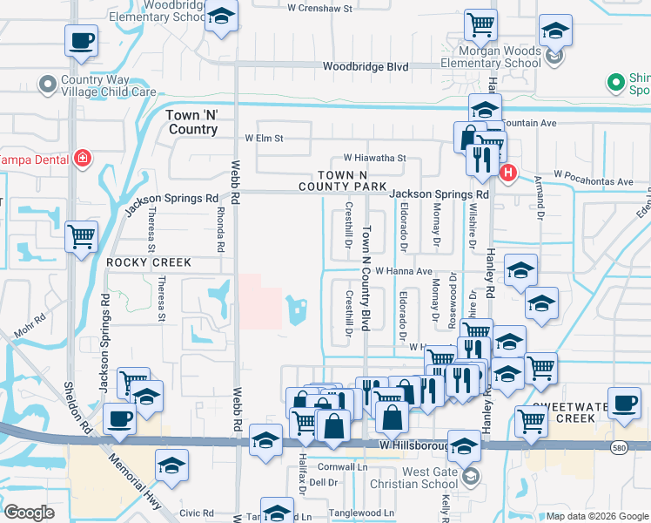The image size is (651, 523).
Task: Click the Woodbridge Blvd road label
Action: point(365,66)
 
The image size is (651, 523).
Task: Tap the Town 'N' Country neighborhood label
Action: point(191,122)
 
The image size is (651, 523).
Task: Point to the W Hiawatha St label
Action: point(375,158)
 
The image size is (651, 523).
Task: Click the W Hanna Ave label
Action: point(403,271)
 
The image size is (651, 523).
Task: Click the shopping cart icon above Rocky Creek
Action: point(81,235)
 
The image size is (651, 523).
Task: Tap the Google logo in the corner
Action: point(30,513)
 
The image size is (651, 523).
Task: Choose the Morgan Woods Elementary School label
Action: point(503,57)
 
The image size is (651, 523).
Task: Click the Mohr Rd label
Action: point(28,324)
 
